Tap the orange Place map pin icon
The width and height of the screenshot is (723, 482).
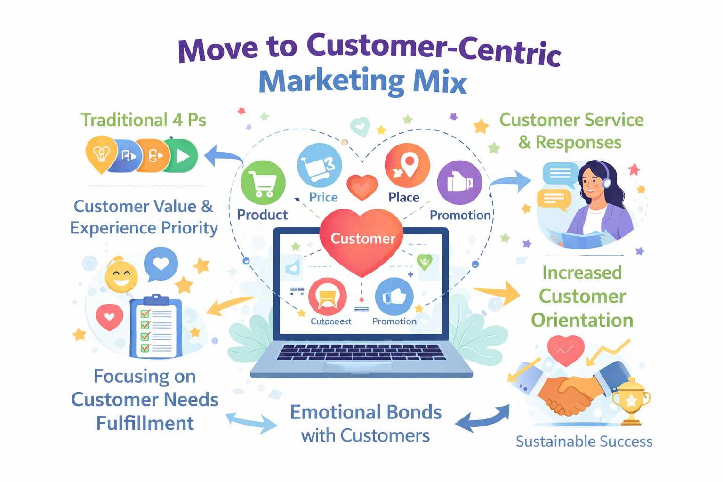pyautogui.click(x=407, y=166)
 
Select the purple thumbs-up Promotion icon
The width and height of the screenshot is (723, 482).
pyautogui.click(x=459, y=182)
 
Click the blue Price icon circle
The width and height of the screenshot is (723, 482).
pyautogui.click(x=320, y=165)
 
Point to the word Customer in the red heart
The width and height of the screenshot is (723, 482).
pyautogui.click(x=363, y=239)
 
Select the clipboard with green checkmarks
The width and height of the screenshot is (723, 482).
pyautogui.click(x=156, y=327)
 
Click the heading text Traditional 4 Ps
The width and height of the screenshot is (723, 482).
pyautogui.click(x=143, y=120)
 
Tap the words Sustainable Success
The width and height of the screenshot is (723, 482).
pyautogui.click(x=584, y=442)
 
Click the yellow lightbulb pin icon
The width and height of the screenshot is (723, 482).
pyautogui.click(x=101, y=153)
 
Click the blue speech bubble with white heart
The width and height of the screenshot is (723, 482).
pyautogui.click(x=161, y=264)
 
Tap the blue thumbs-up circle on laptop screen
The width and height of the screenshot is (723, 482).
pyautogui.click(x=394, y=297)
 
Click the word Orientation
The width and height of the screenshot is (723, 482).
pyautogui.click(x=582, y=321)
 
